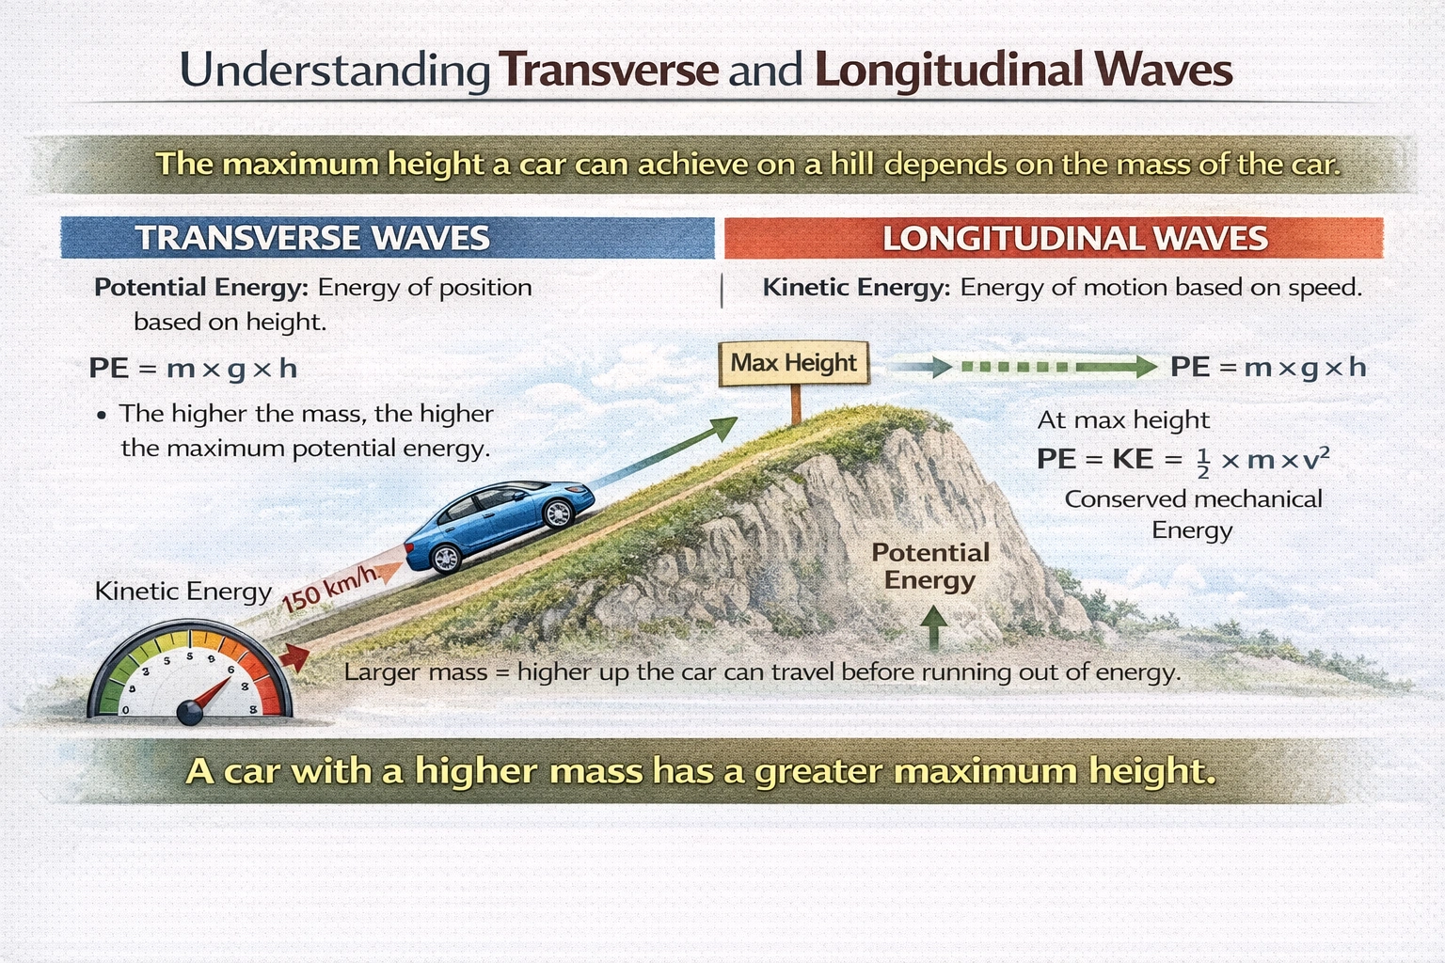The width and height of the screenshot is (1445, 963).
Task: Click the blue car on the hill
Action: point(498,526)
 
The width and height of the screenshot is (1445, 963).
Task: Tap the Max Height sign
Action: point(794,363)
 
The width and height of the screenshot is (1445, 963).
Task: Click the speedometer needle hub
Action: point(190,713)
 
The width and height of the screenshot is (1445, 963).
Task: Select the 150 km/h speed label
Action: point(329,589)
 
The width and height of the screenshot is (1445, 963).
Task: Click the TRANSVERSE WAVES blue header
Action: point(388,237)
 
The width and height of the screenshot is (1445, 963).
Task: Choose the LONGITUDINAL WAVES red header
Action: point(1054,238)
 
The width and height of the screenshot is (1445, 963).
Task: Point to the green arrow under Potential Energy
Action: point(933,627)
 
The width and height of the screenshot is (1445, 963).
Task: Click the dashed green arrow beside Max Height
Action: point(1023,367)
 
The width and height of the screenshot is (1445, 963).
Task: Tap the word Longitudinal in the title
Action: point(949,70)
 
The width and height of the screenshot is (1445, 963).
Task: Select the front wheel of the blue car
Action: point(558,513)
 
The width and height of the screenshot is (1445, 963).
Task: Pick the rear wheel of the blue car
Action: point(446,559)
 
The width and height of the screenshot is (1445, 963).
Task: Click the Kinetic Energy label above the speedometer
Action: point(183,592)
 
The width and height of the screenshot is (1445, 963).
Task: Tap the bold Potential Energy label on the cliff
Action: point(930,566)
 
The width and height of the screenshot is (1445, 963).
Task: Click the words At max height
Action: point(1123,420)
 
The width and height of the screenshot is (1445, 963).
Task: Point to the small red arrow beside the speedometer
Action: point(294,658)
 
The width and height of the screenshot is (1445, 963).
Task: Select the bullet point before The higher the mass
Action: point(102,416)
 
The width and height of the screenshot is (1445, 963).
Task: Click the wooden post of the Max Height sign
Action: point(796,405)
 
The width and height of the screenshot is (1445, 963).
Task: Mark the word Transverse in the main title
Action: point(609,70)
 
